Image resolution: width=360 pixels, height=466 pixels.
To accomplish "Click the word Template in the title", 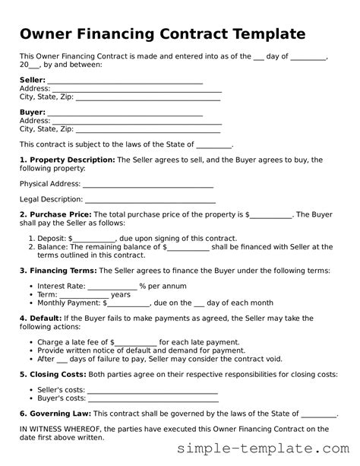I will click(x=262, y=35).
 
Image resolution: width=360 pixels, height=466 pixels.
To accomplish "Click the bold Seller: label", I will click(x=32, y=80).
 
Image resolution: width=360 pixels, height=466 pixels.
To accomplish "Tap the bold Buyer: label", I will click(x=32, y=113).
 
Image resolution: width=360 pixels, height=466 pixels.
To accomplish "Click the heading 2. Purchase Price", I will click(x=55, y=215).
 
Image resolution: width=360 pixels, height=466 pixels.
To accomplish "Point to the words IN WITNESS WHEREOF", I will click(x=57, y=429).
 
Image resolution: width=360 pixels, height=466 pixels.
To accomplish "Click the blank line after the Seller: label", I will click(x=125, y=80).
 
